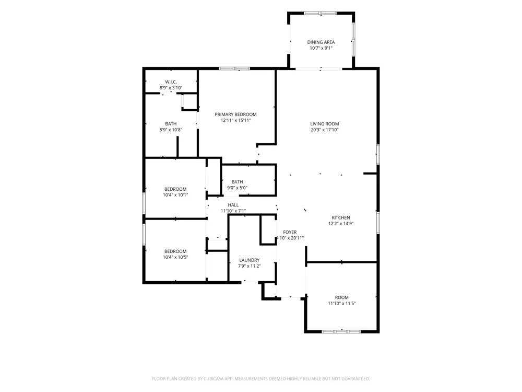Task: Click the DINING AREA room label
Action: pos(321,42)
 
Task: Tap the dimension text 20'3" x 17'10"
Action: pos(325,130)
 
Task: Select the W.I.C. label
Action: pos(171,82)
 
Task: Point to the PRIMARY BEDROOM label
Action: pos(236,114)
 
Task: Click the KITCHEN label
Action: pos(341,217)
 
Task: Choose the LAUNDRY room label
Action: pos(250,260)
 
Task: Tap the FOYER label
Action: pos(290,232)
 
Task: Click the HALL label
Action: pos(233,205)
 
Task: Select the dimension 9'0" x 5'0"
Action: pos(238,188)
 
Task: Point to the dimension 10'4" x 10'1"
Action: pos(175,195)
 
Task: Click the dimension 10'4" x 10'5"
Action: pos(175,257)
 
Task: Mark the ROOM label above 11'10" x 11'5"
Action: pos(342,297)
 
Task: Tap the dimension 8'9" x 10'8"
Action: pos(171,130)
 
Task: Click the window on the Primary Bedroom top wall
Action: pos(234,68)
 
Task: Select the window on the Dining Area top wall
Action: pos(321,14)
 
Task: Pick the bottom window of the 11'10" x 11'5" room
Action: pos(341,331)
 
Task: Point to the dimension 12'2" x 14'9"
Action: pos(341,224)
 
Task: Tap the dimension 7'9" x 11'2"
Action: pos(250,266)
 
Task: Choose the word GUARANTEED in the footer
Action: pos(357,378)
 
